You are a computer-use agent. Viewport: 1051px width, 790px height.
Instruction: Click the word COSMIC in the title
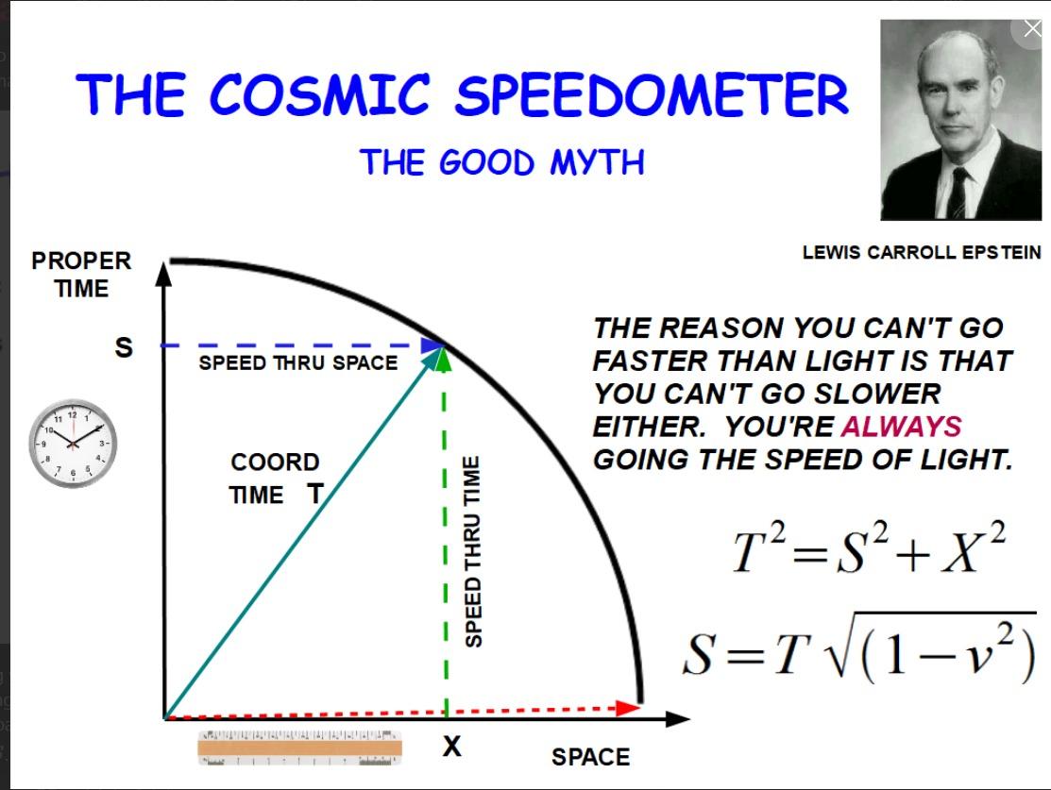pos(319,94)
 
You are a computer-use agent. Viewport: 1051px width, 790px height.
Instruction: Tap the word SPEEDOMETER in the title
pos(652,94)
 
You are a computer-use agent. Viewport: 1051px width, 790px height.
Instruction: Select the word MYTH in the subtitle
pos(597,162)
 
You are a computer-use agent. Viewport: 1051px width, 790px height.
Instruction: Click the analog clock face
pos(73,443)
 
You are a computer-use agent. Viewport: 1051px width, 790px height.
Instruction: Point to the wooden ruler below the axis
pos(299,748)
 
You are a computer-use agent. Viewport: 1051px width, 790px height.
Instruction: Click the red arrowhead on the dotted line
pos(628,708)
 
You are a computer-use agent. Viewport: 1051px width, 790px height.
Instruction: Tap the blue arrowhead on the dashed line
pos(431,345)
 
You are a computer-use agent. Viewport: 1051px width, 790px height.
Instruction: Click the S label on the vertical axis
pos(124,347)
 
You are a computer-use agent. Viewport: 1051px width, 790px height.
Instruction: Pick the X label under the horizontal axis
pos(451,745)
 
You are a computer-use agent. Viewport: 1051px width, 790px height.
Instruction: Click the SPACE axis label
pos(590,757)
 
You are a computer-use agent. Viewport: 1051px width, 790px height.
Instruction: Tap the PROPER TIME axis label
pos(81,275)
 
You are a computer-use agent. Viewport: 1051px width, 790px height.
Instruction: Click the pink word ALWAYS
pos(902,427)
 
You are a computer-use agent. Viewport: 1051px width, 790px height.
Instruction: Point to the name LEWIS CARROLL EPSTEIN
pos(922,253)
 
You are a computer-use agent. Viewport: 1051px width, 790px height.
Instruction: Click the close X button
pos(1032,29)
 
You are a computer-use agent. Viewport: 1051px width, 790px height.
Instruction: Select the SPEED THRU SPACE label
pos(298,362)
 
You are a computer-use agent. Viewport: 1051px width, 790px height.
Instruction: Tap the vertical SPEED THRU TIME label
pos(473,551)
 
